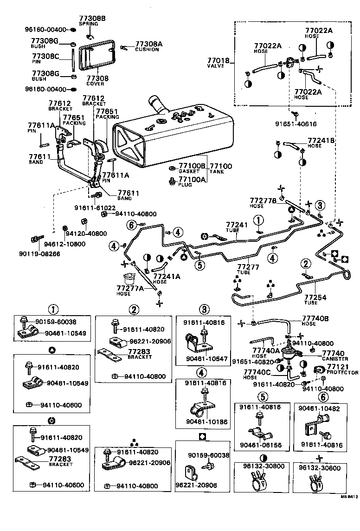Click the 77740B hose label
[315, 319]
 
